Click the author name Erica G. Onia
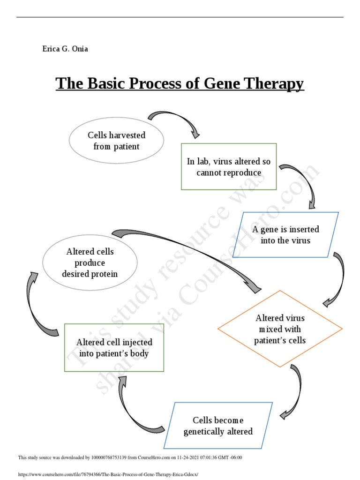tap(65, 49)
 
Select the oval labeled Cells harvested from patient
tap(116, 141)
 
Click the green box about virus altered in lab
tap(229, 167)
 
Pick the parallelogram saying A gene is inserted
tap(285, 235)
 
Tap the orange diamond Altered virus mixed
tap(280, 329)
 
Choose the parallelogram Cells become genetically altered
tap(218, 426)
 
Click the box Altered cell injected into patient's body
tap(114, 348)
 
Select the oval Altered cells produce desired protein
tap(90, 262)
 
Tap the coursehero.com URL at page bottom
tap(108, 474)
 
